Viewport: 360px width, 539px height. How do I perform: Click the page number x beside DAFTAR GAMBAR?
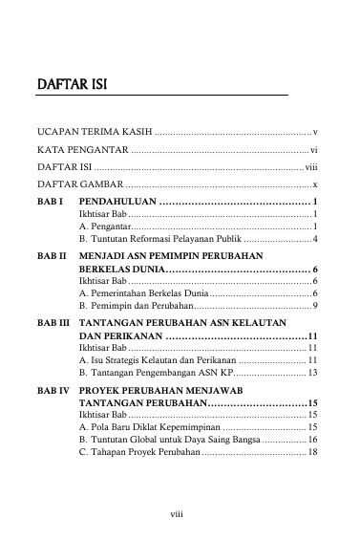(315, 184)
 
